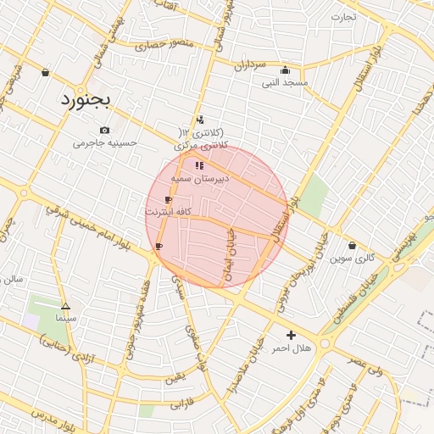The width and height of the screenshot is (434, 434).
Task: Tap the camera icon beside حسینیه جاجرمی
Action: [104, 130]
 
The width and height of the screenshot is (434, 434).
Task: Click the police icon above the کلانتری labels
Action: [200, 120]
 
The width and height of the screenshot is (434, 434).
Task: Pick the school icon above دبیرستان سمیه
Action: [199, 166]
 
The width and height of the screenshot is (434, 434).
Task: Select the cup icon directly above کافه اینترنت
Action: [168, 199]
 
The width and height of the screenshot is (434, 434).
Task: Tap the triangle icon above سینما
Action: [66, 306]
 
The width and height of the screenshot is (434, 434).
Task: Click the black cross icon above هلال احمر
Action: [292, 336]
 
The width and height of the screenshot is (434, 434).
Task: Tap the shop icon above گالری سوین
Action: [352, 245]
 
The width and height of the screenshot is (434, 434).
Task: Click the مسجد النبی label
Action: [284, 83]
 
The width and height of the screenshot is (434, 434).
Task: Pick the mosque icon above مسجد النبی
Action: [284, 70]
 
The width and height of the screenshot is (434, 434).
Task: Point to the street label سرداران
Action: [250, 65]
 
